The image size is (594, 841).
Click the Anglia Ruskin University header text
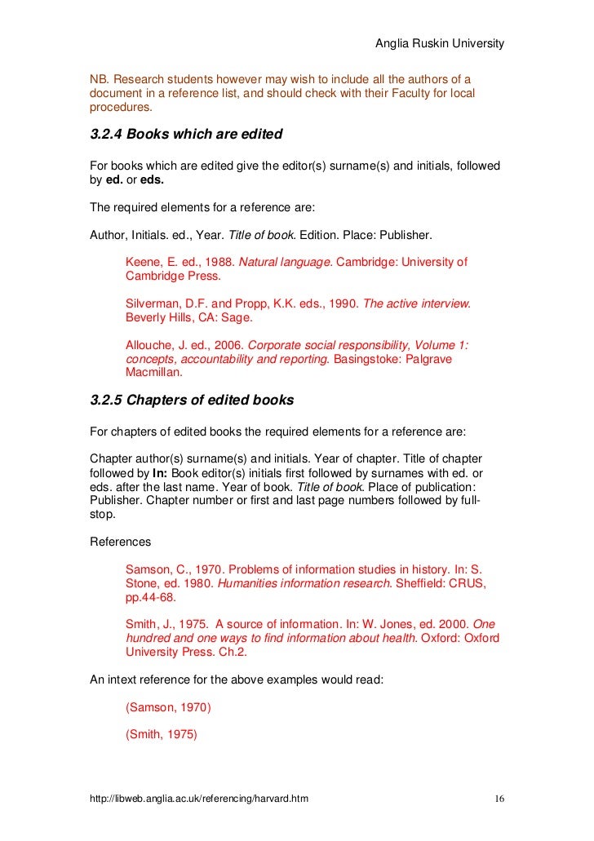point(439,42)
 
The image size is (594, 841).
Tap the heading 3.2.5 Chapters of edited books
point(191,401)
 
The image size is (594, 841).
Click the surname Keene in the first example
point(143,262)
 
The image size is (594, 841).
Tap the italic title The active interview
point(416,303)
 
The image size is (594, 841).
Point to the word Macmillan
point(154,373)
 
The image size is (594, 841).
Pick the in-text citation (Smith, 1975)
point(162,733)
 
